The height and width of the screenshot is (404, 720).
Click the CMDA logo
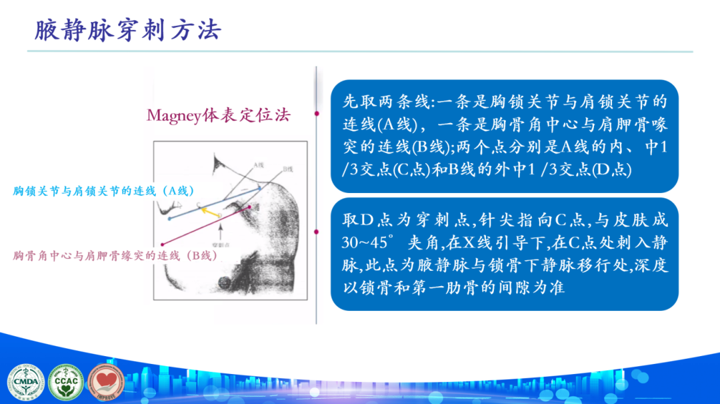(x=26, y=383)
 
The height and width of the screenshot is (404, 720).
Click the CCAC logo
(x=67, y=383)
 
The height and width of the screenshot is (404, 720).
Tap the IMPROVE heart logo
(x=106, y=383)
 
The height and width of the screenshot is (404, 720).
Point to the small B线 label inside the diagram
(x=287, y=168)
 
